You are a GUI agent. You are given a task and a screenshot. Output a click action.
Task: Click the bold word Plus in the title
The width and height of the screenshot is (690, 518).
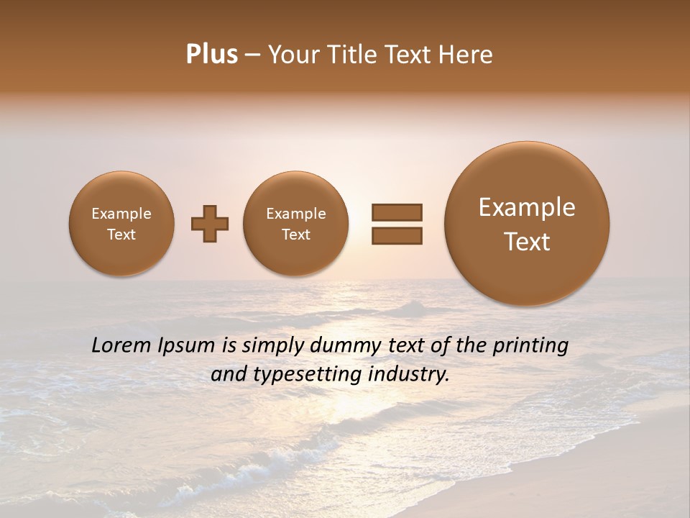[211, 55]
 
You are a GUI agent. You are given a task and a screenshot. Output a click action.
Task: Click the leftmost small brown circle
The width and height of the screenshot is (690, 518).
[121, 224]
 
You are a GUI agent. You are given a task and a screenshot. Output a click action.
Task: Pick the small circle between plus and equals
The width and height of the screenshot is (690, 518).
[295, 224]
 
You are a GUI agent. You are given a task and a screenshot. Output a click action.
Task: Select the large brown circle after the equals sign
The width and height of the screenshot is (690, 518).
[527, 224]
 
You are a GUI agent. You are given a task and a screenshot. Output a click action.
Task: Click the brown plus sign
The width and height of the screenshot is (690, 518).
[210, 224]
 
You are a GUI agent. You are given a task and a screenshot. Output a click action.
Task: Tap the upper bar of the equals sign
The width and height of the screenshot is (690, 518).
[397, 212]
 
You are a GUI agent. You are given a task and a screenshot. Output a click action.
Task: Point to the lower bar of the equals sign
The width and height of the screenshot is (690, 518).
[397, 235]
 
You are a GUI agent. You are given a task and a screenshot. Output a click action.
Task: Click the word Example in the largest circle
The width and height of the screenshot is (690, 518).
[527, 207]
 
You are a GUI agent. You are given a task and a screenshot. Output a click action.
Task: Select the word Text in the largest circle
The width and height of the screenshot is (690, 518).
[527, 242]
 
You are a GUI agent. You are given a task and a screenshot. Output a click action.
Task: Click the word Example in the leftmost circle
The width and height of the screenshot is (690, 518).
[121, 214]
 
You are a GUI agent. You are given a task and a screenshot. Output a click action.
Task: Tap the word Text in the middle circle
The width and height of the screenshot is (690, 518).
[295, 235]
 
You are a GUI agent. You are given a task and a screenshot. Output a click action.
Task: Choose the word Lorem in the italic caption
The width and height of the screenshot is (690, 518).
[122, 346]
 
